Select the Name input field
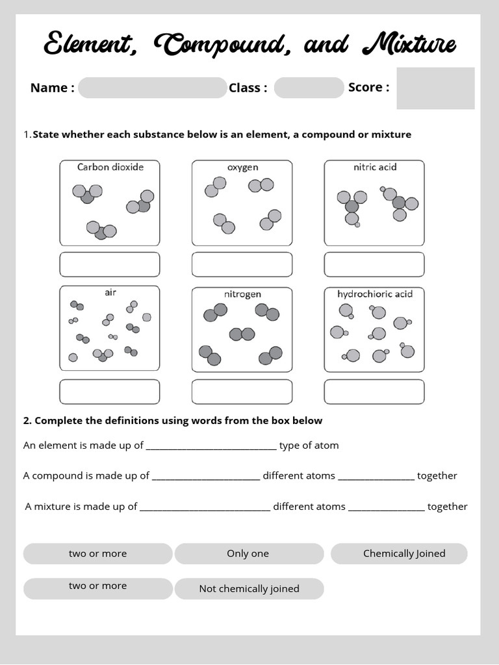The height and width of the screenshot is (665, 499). point(152,88)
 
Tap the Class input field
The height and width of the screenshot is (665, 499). point(309,88)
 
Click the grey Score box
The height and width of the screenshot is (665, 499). point(435,88)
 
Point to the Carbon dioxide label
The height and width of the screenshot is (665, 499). point(110,167)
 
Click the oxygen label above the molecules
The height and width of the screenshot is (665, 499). point(242,167)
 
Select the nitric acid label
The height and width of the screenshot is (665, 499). point(375,167)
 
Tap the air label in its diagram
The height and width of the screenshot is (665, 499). point(110,292)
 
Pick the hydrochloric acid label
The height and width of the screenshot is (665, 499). point(375,294)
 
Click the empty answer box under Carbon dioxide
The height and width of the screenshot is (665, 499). point(110,264)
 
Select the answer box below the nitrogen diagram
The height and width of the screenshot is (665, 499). point(242,392)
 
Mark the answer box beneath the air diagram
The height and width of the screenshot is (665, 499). point(110,392)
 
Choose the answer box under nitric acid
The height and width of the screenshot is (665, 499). point(374,264)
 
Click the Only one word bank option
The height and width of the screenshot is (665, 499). point(248,554)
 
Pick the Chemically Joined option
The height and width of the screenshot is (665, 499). point(399,554)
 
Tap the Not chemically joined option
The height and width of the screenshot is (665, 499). point(249,589)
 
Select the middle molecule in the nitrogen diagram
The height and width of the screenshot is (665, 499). point(242,334)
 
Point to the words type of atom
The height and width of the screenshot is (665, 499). point(309,445)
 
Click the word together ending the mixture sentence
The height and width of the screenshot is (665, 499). point(447,507)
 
